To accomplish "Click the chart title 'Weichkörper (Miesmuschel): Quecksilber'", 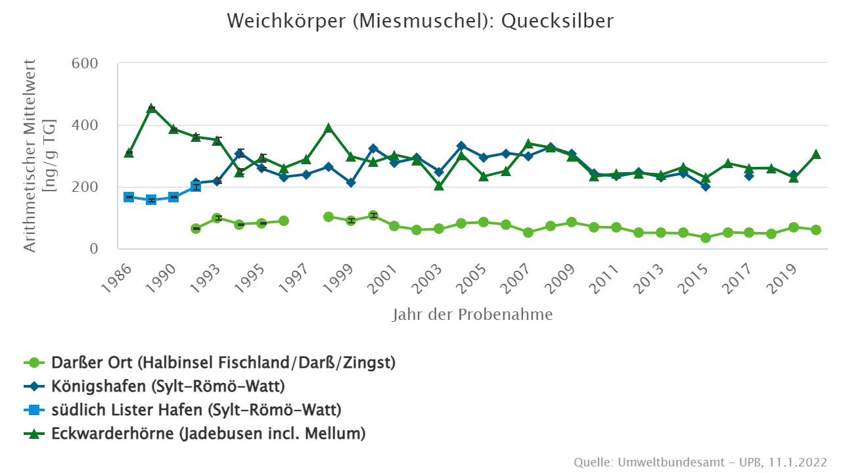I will [x=420, y=21].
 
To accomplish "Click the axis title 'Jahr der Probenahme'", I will [x=472, y=315].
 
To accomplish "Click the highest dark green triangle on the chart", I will [x=151, y=108].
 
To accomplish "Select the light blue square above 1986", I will [x=129, y=197].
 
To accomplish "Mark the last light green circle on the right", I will [x=816, y=230].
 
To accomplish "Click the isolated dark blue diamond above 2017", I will [x=749, y=175].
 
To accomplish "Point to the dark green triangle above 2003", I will [x=439, y=186].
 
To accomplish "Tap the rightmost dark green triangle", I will [x=816, y=154].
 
